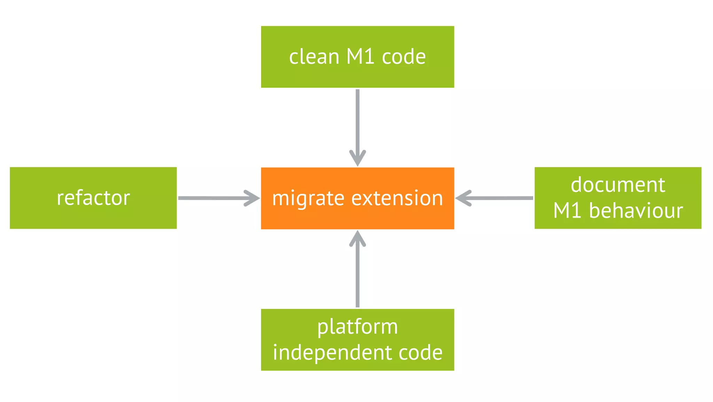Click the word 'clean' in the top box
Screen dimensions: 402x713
pos(314,56)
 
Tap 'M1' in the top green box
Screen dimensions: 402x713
pos(360,56)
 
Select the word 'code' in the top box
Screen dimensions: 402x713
pos(403,56)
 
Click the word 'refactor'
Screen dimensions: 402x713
pos(93,198)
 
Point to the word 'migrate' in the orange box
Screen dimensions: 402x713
pos(308,199)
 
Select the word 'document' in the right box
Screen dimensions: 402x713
pos(618,185)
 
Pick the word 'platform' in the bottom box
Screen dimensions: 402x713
pos(358,327)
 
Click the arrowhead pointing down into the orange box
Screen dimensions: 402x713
pos(358,159)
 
